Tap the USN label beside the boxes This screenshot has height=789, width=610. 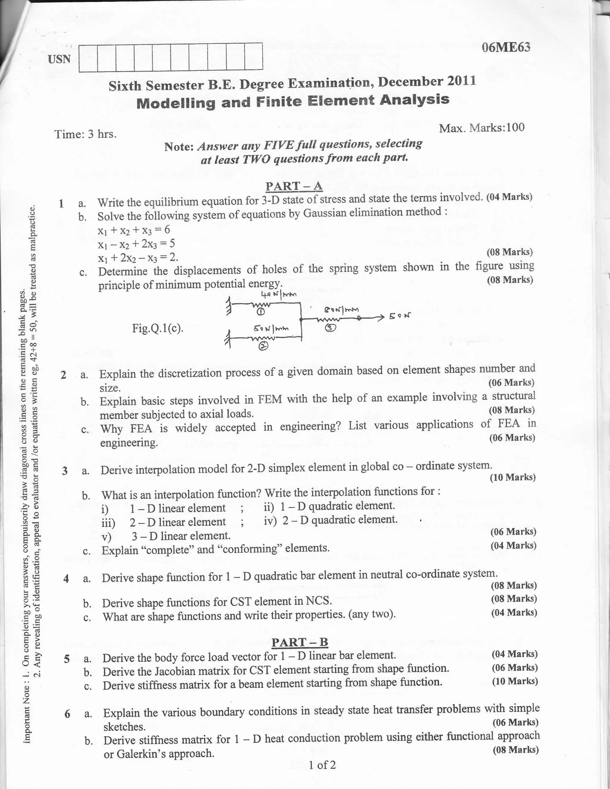(x=60, y=59)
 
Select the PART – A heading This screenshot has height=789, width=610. (x=294, y=186)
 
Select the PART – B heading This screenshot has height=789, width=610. (x=300, y=642)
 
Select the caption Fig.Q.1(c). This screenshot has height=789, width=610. (x=158, y=329)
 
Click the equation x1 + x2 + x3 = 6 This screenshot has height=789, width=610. (x=134, y=230)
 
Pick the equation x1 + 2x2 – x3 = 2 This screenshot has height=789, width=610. (x=138, y=257)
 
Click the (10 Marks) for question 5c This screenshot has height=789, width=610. (x=515, y=681)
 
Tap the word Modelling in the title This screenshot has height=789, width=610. (x=176, y=103)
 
